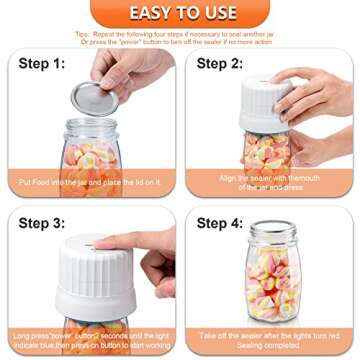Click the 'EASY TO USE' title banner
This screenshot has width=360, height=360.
(179, 13)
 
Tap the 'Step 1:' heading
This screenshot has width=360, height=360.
(42, 63)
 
